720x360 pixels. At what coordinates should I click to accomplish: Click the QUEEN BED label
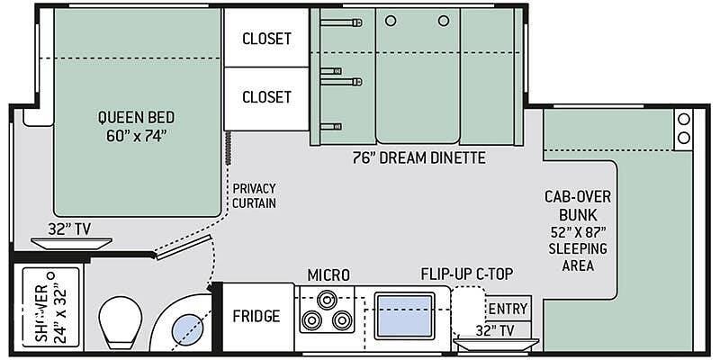click(x=136, y=117)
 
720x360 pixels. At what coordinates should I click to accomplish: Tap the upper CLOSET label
click(x=266, y=39)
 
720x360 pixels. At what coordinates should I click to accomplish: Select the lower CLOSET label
click(x=266, y=97)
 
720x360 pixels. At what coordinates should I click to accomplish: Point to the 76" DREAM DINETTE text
click(x=418, y=158)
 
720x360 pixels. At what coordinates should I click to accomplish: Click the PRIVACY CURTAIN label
click(x=254, y=195)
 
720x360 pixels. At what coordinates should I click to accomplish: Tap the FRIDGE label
click(x=256, y=316)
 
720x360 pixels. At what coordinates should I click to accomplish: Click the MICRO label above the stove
click(x=328, y=275)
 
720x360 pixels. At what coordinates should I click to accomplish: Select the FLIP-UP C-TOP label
click(x=466, y=274)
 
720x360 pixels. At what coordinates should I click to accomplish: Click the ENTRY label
click(x=508, y=308)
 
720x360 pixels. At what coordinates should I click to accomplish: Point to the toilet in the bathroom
click(x=121, y=321)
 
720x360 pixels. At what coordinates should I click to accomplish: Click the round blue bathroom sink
click(x=186, y=329)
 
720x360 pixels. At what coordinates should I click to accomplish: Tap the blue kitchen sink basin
click(x=404, y=316)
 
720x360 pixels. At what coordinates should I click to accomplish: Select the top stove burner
click(x=327, y=300)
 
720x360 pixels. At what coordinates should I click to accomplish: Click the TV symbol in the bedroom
click(x=71, y=243)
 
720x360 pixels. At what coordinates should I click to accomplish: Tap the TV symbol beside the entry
click(x=496, y=345)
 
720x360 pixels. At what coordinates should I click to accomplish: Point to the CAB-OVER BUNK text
click(x=578, y=206)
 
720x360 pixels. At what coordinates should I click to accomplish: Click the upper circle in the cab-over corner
click(x=684, y=120)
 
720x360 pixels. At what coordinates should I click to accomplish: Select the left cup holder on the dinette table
click(x=391, y=21)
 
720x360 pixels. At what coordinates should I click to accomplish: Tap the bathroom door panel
click(x=184, y=247)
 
